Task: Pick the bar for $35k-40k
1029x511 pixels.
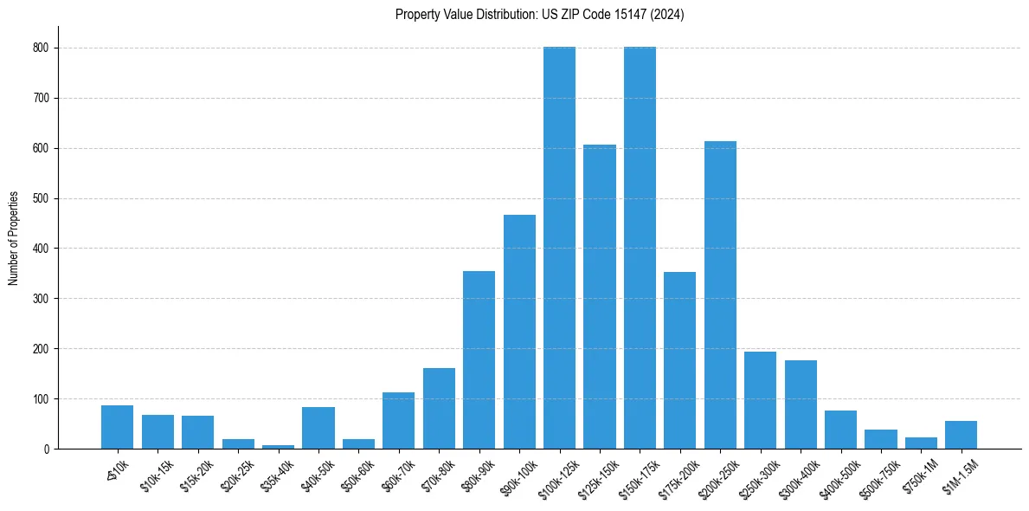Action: [x=278, y=447]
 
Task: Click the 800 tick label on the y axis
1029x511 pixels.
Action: [x=40, y=49]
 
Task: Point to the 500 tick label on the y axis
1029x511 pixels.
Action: [x=40, y=198]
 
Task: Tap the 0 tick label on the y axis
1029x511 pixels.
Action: [x=45, y=449]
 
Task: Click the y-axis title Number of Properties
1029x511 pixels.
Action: [x=14, y=238]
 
